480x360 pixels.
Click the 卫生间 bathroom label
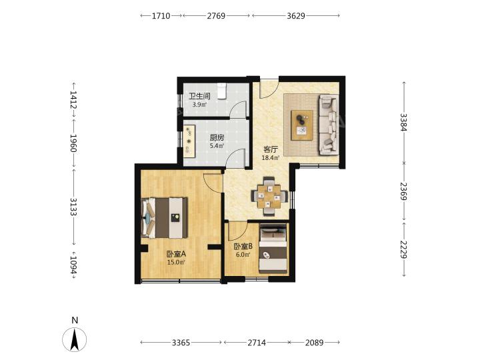[x=199, y=96]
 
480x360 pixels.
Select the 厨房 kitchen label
[x=217, y=138]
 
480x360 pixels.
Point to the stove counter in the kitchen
[x=189, y=141]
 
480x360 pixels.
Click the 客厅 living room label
[x=271, y=150]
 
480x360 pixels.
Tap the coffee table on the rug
[x=302, y=125]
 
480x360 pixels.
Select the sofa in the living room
[x=329, y=125]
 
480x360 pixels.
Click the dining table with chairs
[x=269, y=196]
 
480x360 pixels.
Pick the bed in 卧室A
[x=165, y=217]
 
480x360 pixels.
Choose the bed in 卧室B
[x=273, y=249]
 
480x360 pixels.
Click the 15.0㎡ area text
[x=176, y=263]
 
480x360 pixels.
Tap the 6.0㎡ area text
[x=243, y=255]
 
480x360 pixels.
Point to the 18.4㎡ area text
[x=271, y=158]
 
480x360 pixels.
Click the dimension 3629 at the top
[x=296, y=15]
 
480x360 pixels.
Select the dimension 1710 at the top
[x=161, y=15]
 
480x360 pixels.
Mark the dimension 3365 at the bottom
[x=181, y=343]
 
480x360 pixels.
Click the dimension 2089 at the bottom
[x=315, y=343]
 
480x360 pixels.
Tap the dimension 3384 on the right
[x=404, y=122]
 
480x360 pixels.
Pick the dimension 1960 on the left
[x=73, y=143]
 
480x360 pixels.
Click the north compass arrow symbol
[x=75, y=339]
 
